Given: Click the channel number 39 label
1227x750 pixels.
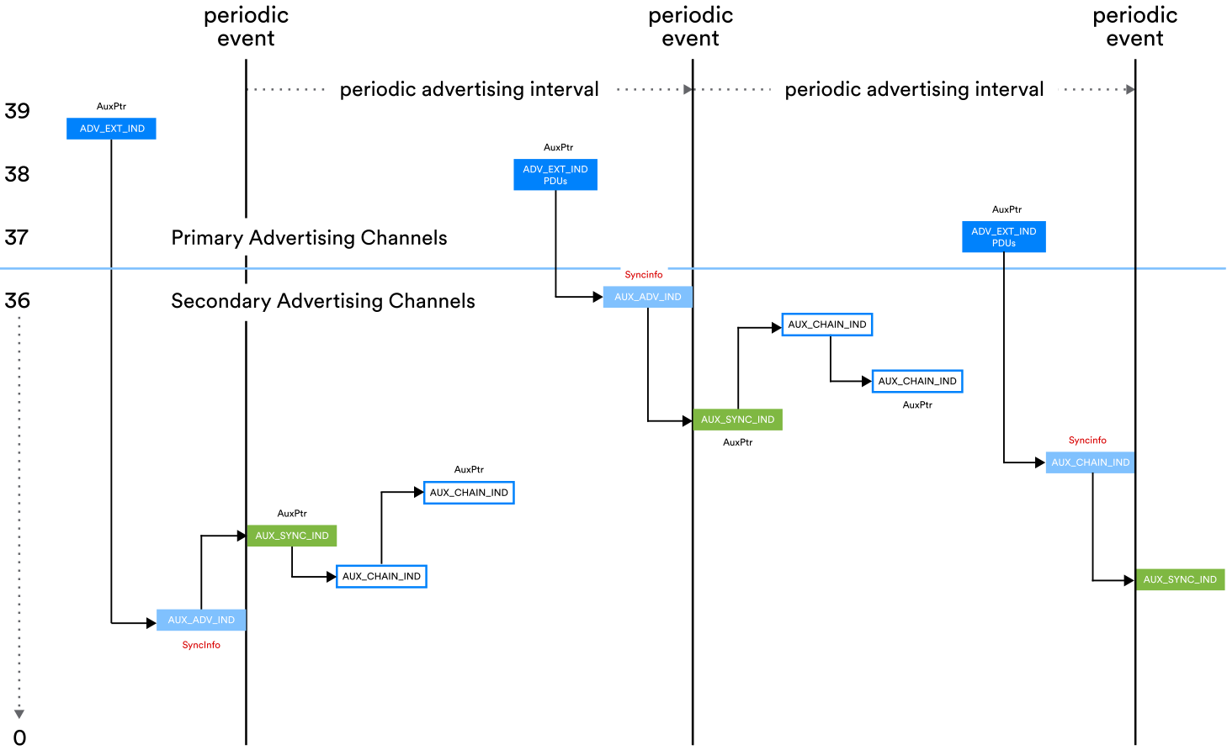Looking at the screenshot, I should (17, 111).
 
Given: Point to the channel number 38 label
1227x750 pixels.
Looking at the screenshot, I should (17, 174).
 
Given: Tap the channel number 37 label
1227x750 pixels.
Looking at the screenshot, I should (17, 238).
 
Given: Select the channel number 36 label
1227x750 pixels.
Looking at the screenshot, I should (17, 301).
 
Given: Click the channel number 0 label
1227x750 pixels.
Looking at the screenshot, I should (19, 737).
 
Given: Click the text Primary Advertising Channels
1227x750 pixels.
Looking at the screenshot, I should (309, 238).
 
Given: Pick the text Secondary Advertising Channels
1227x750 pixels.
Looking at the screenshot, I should (323, 301).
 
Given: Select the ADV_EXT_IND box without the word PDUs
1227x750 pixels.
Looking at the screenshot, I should (111, 129).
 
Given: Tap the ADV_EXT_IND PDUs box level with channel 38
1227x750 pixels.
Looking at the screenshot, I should (555, 175).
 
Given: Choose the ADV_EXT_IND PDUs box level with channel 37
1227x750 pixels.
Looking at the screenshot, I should (1003, 237).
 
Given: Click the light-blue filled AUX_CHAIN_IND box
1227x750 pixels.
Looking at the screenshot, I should (1090, 462).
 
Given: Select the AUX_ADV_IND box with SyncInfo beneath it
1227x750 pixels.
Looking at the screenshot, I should (201, 620).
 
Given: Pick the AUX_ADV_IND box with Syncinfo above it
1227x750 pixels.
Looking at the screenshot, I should (647, 297).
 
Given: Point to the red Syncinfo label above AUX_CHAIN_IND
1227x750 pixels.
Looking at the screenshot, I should (1087, 441).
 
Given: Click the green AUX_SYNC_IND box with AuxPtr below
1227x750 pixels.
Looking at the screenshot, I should (737, 420).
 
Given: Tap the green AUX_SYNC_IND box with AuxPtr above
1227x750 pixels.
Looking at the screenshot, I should (292, 536).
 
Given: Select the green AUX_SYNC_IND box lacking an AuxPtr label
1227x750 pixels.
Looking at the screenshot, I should (1179, 579).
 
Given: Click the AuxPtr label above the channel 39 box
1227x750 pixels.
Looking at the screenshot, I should (111, 107).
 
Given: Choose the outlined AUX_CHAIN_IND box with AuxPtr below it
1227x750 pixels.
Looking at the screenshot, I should (917, 381).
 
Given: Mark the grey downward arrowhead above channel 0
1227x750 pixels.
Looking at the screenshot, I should (19, 714).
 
